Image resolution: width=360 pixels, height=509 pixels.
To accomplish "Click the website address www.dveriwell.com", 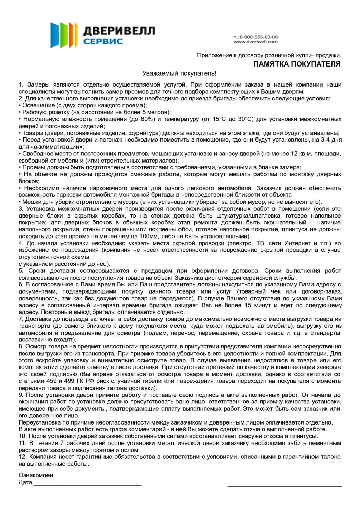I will [255, 42].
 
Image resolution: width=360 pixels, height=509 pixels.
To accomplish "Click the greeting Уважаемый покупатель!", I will [179, 73].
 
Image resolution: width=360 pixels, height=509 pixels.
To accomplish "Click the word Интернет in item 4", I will [298, 243].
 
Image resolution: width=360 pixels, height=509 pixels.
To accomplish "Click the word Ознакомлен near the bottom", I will [36, 475].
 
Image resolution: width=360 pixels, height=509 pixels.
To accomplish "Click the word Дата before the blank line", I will [25, 483].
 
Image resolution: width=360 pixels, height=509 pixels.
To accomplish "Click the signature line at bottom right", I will [284, 486].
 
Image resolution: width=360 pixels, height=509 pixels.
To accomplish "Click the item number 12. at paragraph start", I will [22, 457].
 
